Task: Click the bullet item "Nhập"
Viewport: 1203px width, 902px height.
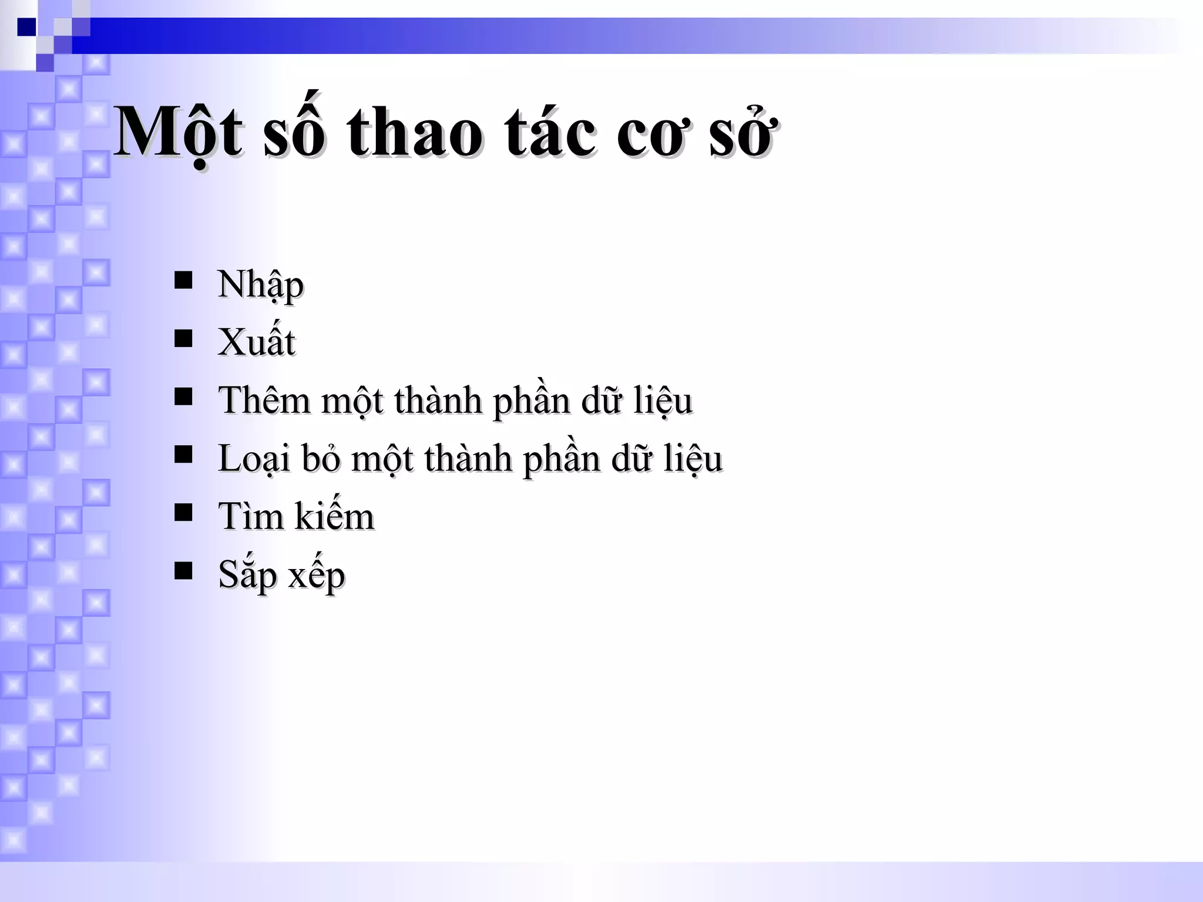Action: point(260,285)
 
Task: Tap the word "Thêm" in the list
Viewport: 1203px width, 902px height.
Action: point(264,400)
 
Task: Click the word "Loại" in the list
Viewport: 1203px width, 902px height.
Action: point(254,459)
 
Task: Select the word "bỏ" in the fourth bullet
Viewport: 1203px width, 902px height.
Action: point(321,459)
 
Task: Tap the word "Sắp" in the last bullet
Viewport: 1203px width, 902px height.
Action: point(247,575)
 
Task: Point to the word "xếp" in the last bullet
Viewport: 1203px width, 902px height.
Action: point(317,575)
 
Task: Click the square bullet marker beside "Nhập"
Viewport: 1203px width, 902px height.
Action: point(183,281)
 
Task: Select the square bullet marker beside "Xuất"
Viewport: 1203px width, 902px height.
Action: point(183,339)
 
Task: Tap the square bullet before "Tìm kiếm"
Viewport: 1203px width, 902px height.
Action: point(183,513)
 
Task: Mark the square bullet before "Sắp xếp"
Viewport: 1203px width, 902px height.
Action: point(183,571)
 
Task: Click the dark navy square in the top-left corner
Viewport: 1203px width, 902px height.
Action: point(26,27)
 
